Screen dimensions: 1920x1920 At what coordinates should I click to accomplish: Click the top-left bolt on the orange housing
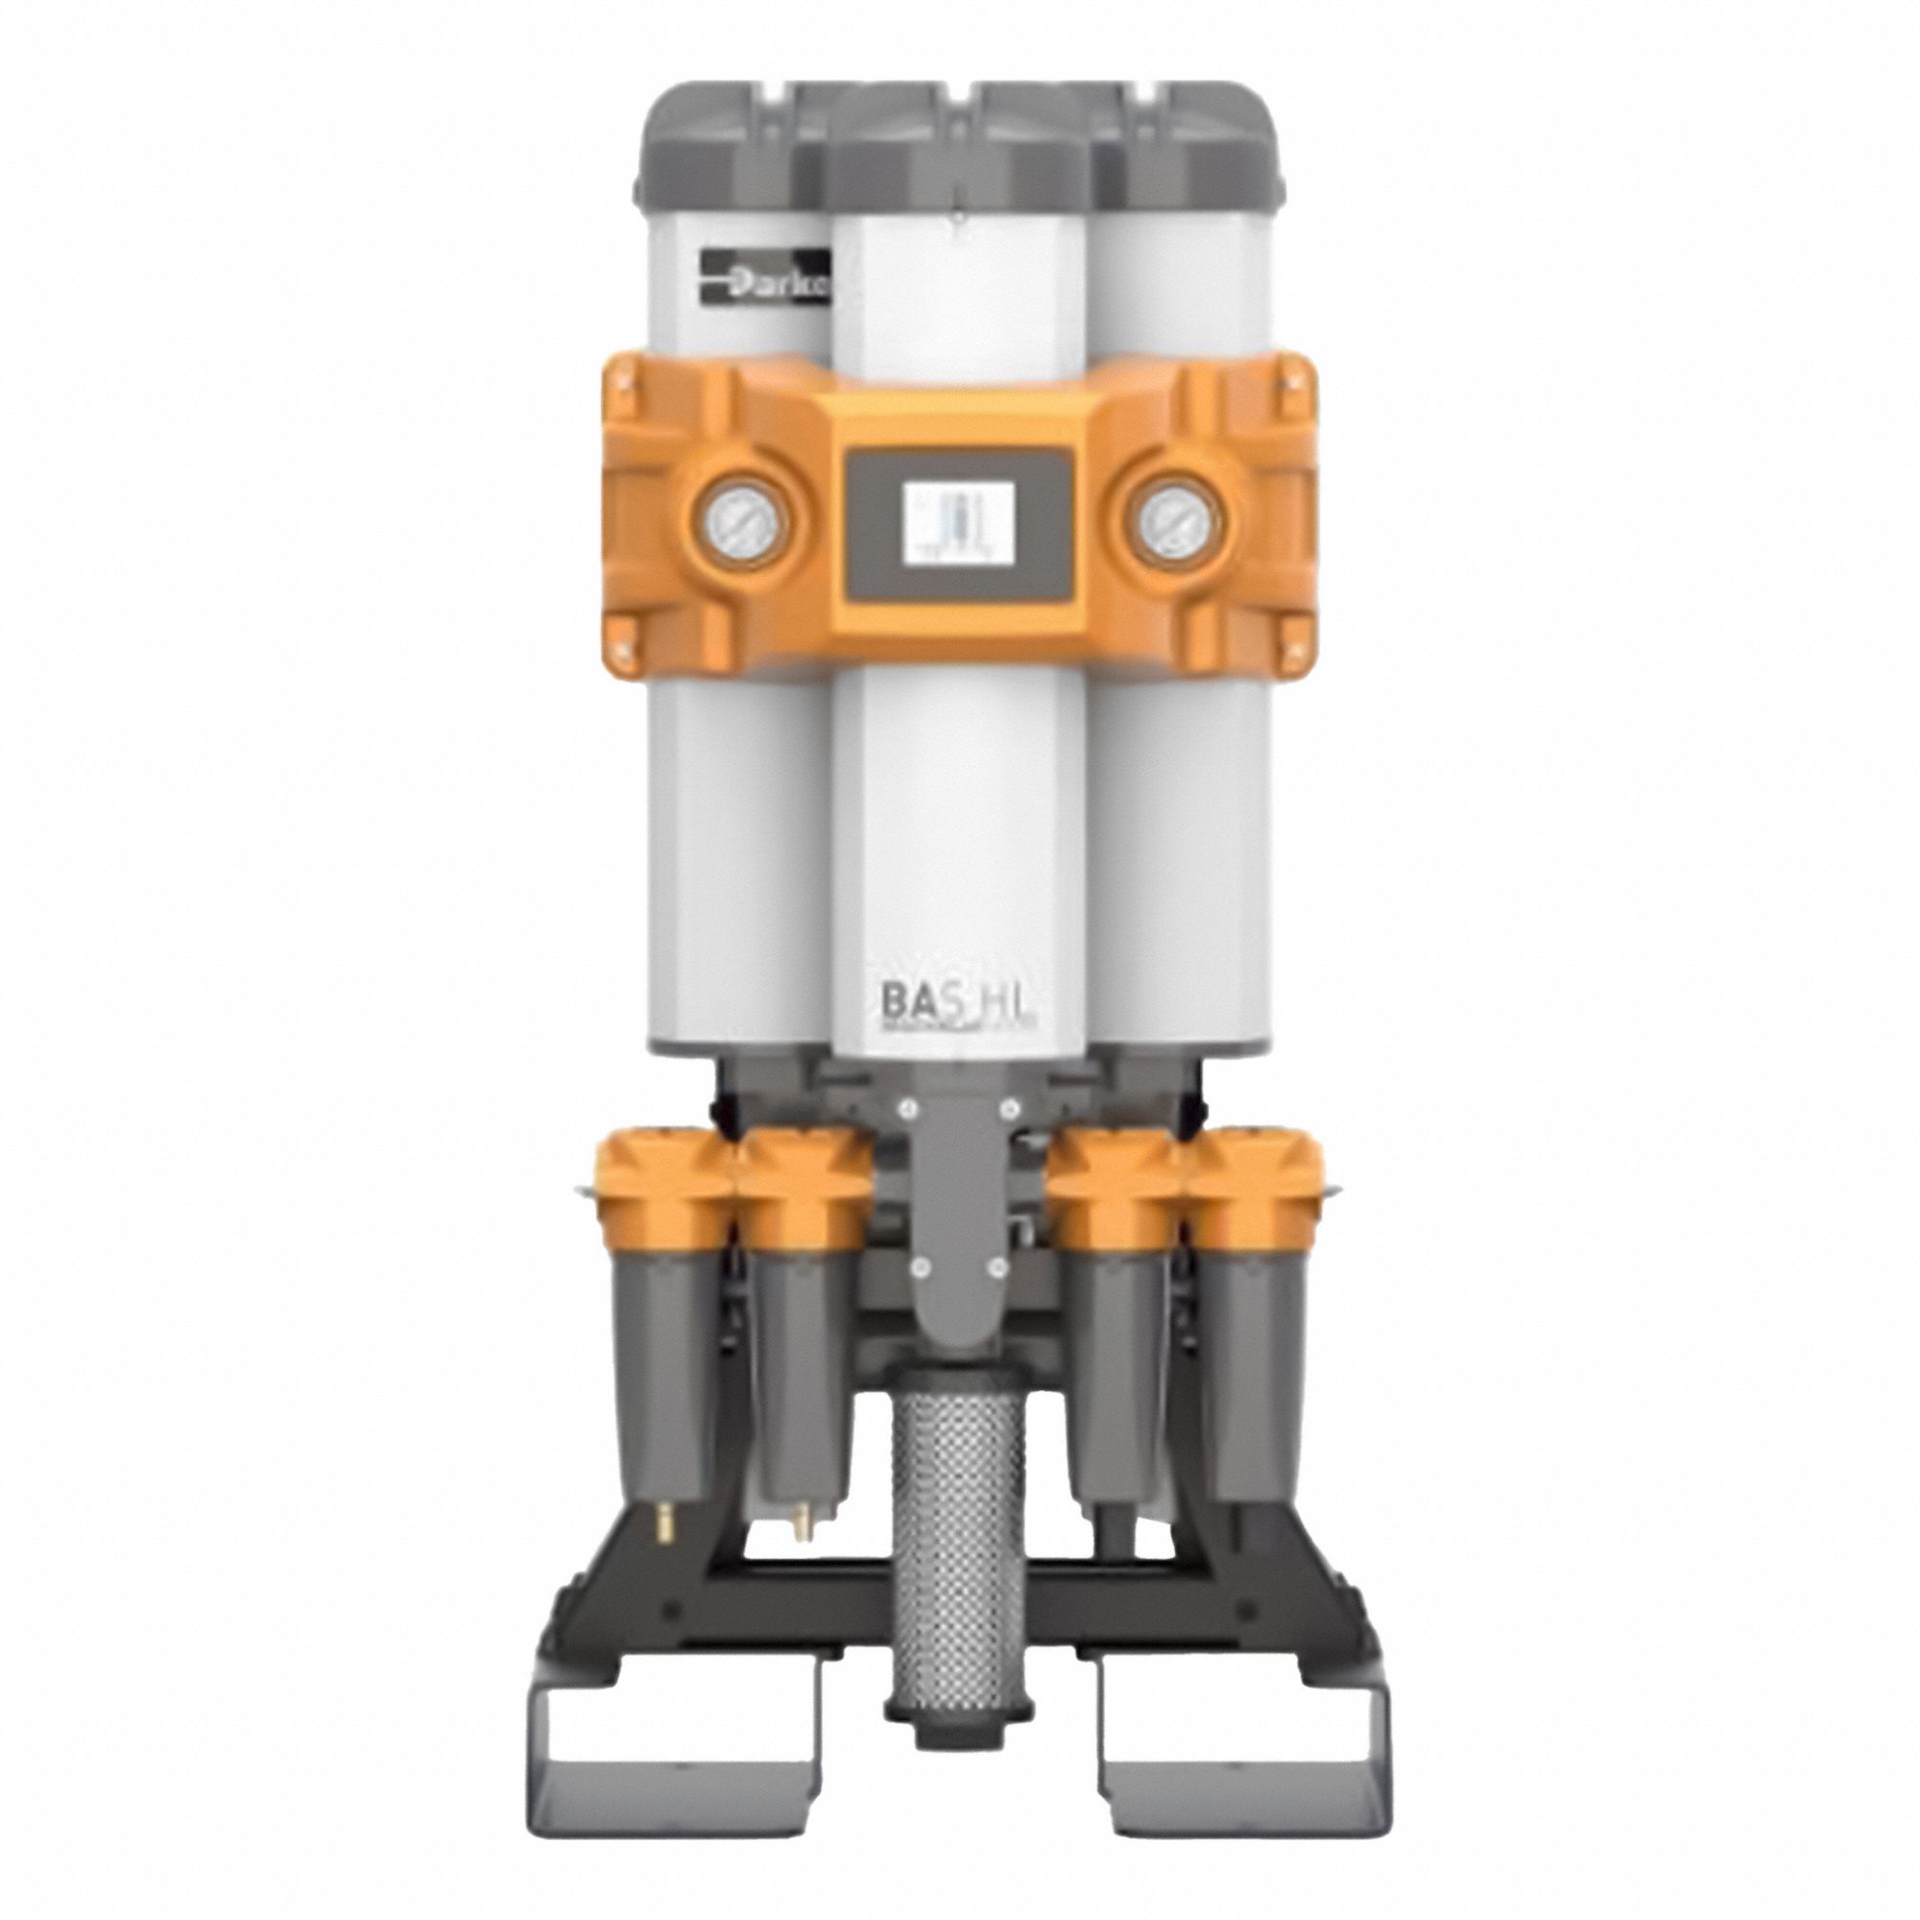pyautogui.click(x=624, y=378)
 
